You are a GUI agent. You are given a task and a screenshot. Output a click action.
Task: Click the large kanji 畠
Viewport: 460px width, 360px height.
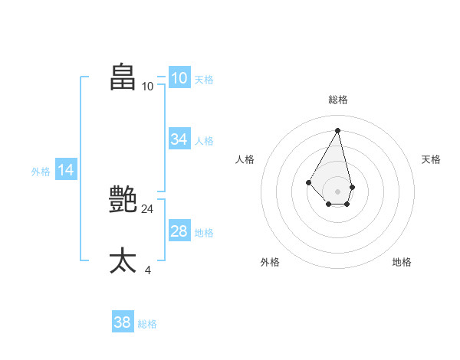point(123,77)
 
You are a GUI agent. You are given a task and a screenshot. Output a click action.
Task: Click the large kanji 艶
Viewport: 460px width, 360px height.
point(123,199)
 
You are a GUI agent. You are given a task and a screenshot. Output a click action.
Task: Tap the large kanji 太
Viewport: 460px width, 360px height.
point(123,260)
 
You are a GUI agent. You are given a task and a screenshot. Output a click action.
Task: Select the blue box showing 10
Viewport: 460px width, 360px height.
point(179,78)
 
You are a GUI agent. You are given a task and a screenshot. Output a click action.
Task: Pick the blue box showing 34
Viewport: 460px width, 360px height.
point(179,139)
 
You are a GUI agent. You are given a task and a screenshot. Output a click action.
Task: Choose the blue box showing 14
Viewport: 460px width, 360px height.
point(66,171)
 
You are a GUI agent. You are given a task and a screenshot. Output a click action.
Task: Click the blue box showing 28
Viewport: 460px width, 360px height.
point(179,231)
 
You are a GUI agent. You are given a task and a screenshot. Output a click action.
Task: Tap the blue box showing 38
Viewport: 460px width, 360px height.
point(123,322)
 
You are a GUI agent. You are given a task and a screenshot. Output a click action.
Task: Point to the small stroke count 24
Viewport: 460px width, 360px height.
point(147,208)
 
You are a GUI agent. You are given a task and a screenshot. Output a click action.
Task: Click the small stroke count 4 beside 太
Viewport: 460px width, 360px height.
point(147,270)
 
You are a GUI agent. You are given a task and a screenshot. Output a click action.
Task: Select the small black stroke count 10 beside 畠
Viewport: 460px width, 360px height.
point(147,87)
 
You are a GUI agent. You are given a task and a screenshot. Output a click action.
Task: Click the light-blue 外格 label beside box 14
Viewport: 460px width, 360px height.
point(41,172)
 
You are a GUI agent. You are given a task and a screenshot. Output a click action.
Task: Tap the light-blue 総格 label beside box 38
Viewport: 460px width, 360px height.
point(147,324)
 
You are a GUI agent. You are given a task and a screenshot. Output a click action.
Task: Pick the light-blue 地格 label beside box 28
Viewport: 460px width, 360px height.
point(204,232)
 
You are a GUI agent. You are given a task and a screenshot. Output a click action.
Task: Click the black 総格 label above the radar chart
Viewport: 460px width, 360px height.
point(338,100)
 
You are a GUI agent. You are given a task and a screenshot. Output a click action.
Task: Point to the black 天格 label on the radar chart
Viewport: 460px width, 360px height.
point(431,159)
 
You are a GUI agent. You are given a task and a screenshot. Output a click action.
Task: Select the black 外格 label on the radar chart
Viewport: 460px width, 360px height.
point(270,262)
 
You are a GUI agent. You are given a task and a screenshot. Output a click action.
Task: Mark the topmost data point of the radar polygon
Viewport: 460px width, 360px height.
point(338,129)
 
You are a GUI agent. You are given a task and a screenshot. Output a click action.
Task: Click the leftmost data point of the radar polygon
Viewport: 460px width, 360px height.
point(308,182)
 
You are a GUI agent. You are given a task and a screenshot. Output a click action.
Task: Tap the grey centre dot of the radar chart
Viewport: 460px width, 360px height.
point(338,191)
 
